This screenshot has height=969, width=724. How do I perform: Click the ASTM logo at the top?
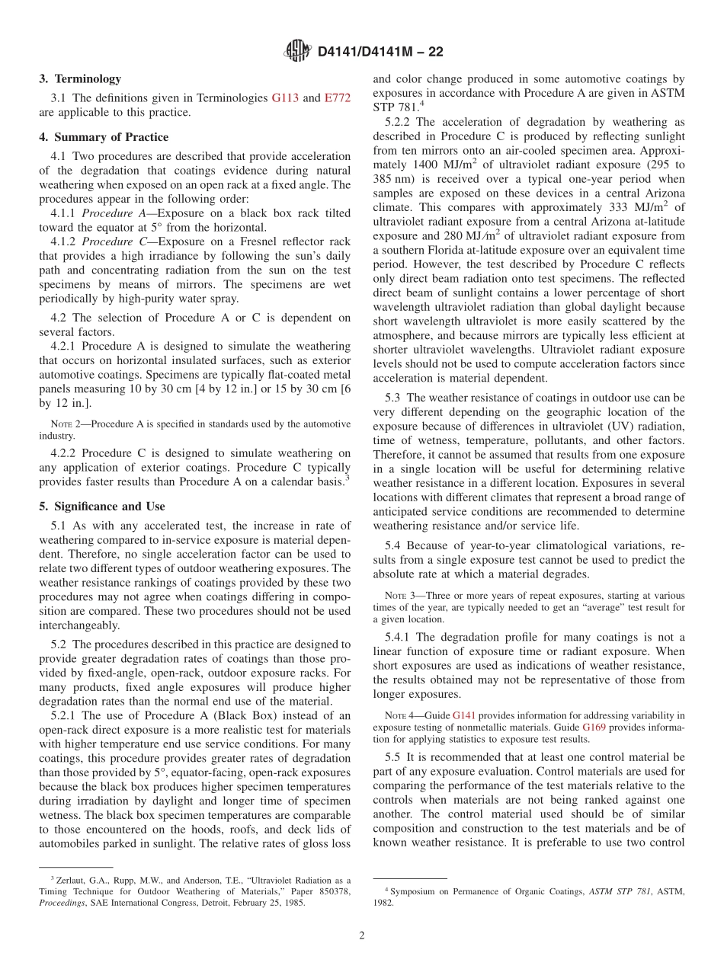coord(297,51)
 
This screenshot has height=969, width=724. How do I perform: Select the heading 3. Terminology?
coord(80,78)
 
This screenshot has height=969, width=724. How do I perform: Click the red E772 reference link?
coord(338,98)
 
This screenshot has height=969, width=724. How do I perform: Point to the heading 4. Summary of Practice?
coord(104,137)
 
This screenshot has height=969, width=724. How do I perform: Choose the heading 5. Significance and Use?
coord(102,506)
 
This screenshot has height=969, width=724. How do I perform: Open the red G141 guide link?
coord(464,715)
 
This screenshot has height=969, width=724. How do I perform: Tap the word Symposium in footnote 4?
coord(416,890)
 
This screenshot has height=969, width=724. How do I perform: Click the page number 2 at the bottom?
coord(362,935)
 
